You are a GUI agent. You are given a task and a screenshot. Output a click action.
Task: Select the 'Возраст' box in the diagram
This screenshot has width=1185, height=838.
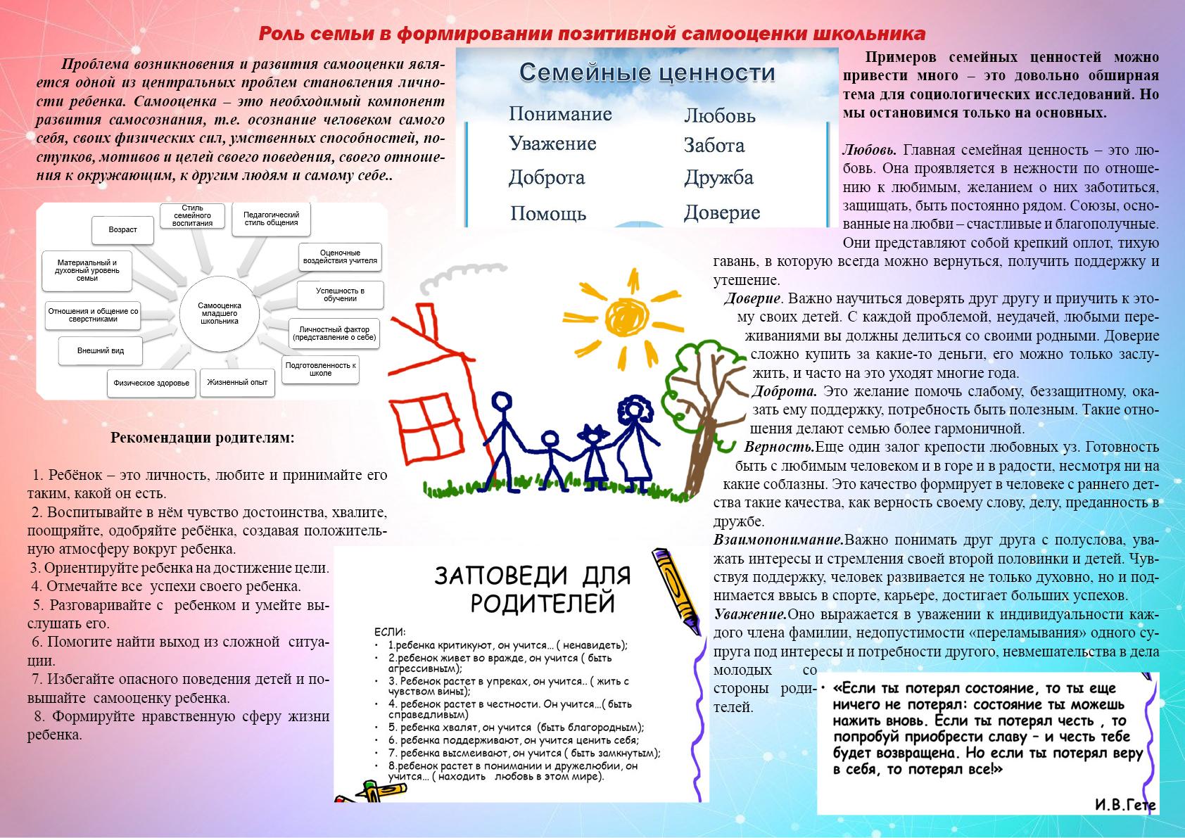[122, 229]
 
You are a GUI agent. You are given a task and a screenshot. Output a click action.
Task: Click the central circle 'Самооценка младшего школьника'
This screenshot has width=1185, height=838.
[220, 312]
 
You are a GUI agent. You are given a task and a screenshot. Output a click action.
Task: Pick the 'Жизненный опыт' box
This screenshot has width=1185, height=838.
[237, 382]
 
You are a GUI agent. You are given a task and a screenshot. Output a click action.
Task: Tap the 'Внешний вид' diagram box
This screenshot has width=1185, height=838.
[101, 350]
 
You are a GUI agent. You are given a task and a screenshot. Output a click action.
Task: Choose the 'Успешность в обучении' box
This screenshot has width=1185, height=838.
[340, 295]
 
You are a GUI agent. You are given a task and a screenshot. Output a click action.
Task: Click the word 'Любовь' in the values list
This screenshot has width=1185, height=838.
[719, 115]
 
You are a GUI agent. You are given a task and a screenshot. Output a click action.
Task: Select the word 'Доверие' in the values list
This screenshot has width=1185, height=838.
[722, 212]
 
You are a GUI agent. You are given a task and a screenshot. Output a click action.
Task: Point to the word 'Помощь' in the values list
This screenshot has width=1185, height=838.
[547, 213]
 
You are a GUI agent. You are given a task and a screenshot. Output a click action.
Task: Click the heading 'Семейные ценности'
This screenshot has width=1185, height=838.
[647, 72]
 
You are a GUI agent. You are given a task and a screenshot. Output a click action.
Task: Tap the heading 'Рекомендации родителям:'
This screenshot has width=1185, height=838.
[203, 438]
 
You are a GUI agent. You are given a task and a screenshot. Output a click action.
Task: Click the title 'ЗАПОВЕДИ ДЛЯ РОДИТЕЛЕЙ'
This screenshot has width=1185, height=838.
[532, 590]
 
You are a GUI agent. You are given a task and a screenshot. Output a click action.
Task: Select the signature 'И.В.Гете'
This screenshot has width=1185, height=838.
[1124, 805]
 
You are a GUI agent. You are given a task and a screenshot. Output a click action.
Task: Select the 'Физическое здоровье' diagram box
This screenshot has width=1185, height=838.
[151, 383]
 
